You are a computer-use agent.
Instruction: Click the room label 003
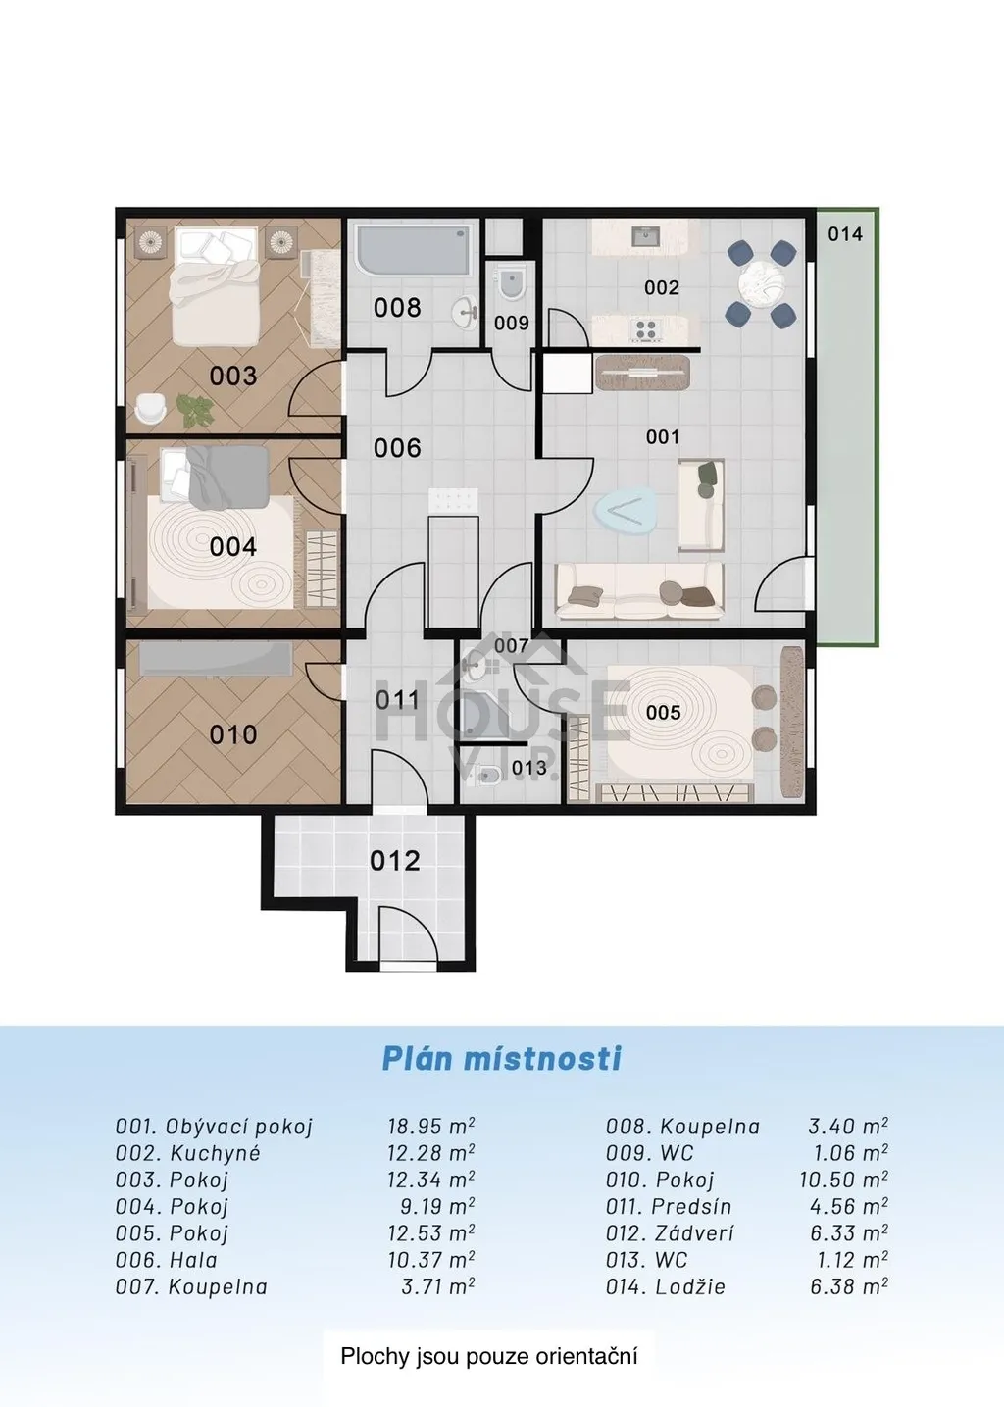pos(233,376)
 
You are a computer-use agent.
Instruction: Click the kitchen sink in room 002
pos(645,237)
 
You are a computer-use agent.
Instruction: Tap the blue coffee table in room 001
pos(625,510)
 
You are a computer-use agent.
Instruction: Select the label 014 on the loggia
pos(844,234)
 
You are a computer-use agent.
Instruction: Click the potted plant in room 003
pos(195,410)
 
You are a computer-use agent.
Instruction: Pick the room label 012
pos(394,861)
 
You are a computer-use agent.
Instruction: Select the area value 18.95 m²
pos(431,1127)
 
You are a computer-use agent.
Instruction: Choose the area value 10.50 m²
pos(844,1180)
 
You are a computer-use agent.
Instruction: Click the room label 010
pos(233,734)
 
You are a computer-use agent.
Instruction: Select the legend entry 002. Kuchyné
pos(188,1153)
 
